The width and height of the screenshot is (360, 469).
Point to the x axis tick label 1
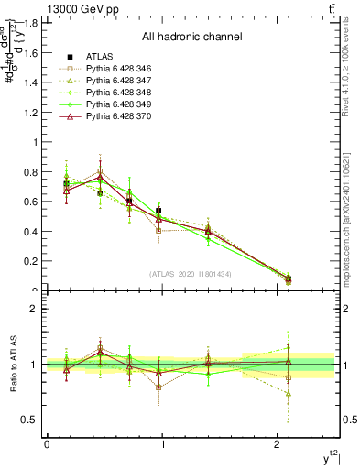[x=162, y=444]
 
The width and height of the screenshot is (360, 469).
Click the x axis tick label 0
[x=47, y=444]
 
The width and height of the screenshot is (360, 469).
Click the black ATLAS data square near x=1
[x=158, y=211]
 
